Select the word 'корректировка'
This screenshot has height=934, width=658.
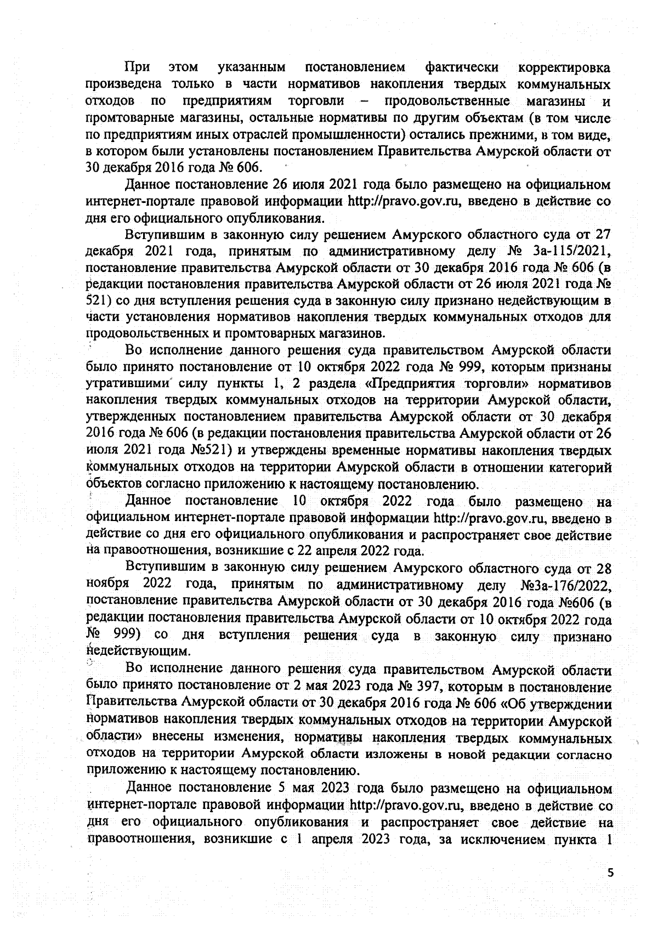564,68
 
